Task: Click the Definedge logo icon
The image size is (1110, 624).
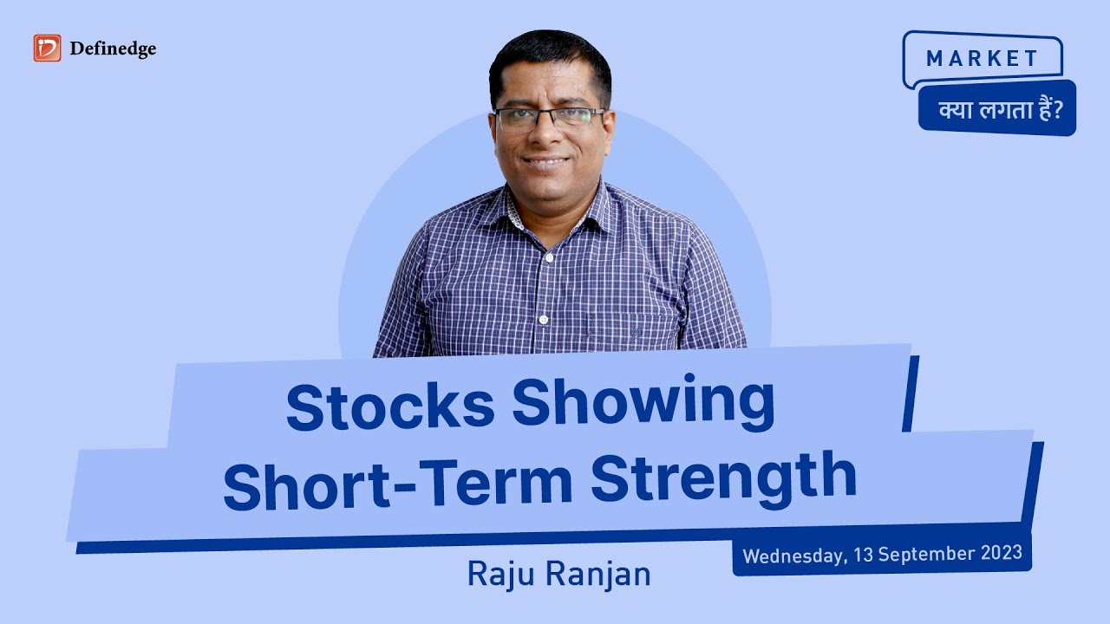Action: click(47, 49)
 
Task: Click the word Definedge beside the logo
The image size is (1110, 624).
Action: click(114, 49)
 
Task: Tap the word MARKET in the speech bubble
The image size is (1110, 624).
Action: click(982, 59)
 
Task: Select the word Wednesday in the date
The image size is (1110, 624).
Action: click(792, 555)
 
